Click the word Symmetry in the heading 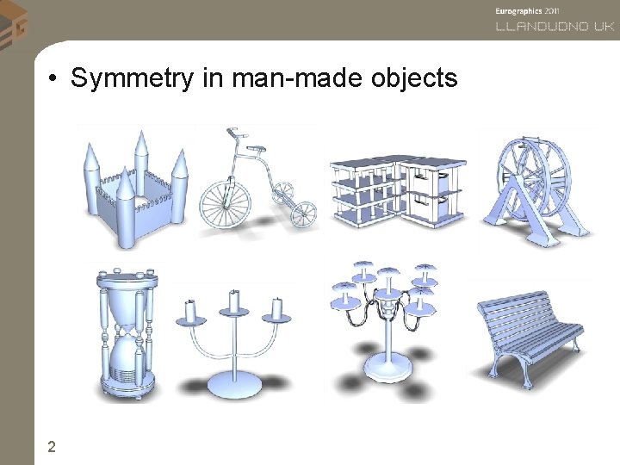(133, 78)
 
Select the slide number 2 (53, 446)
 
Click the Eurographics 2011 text (527, 10)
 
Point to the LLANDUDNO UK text (555, 26)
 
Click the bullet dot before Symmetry (53, 80)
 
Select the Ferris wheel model (536, 184)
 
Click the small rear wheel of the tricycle (302, 213)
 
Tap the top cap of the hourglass (127, 278)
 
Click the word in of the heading (210, 78)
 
